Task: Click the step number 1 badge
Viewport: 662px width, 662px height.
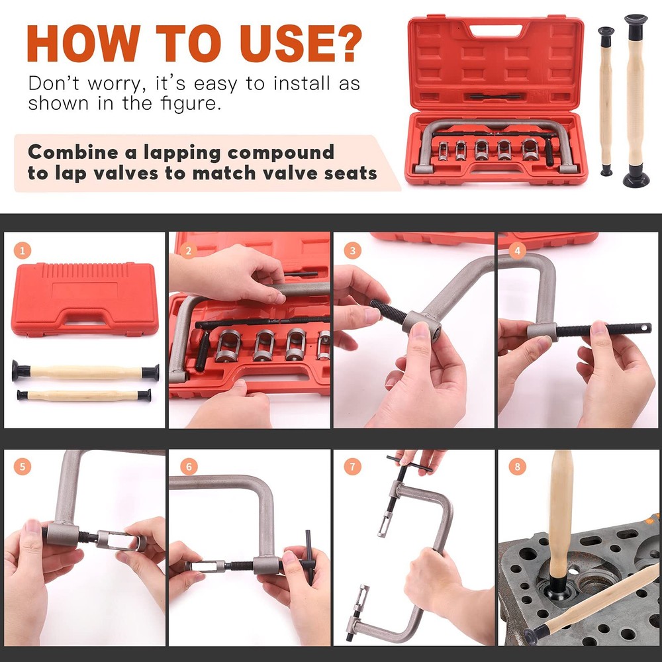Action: pos(22,251)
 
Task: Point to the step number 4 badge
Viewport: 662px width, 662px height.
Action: pos(518,251)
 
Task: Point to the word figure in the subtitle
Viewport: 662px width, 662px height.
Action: pos(189,104)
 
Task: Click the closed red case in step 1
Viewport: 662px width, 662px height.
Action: pos(85,299)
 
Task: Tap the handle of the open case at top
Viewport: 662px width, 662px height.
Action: pos(495,30)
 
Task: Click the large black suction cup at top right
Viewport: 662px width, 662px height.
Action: pos(636,177)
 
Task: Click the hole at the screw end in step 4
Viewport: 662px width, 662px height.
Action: pos(641,328)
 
